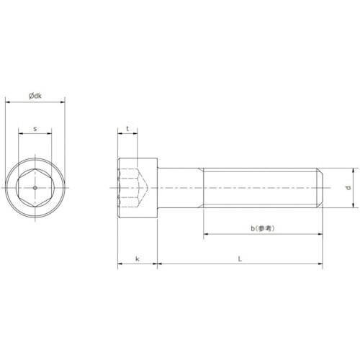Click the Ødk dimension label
tap(35, 95)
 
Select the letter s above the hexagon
tap(35, 130)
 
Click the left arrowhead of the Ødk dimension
tap(8, 102)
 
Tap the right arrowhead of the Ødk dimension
tap(63, 102)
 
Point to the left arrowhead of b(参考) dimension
tap(206, 235)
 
